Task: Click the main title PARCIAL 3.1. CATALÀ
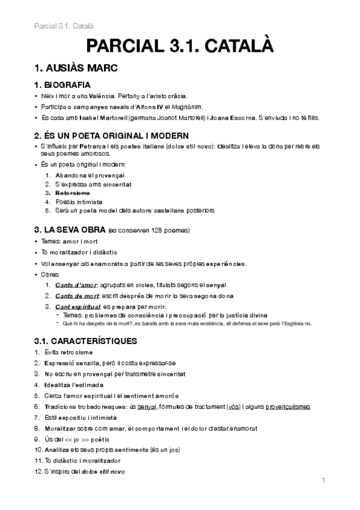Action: pyautogui.click(x=180, y=46)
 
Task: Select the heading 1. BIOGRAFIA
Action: pyautogui.click(x=63, y=85)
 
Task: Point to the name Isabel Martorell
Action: pyautogui.click(x=107, y=118)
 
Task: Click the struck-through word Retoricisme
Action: pyautogui.click(x=73, y=193)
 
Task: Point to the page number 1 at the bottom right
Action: pyautogui.click(x=323, y=480)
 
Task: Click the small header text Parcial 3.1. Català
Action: pyautogui.click(x=59, y=26)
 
